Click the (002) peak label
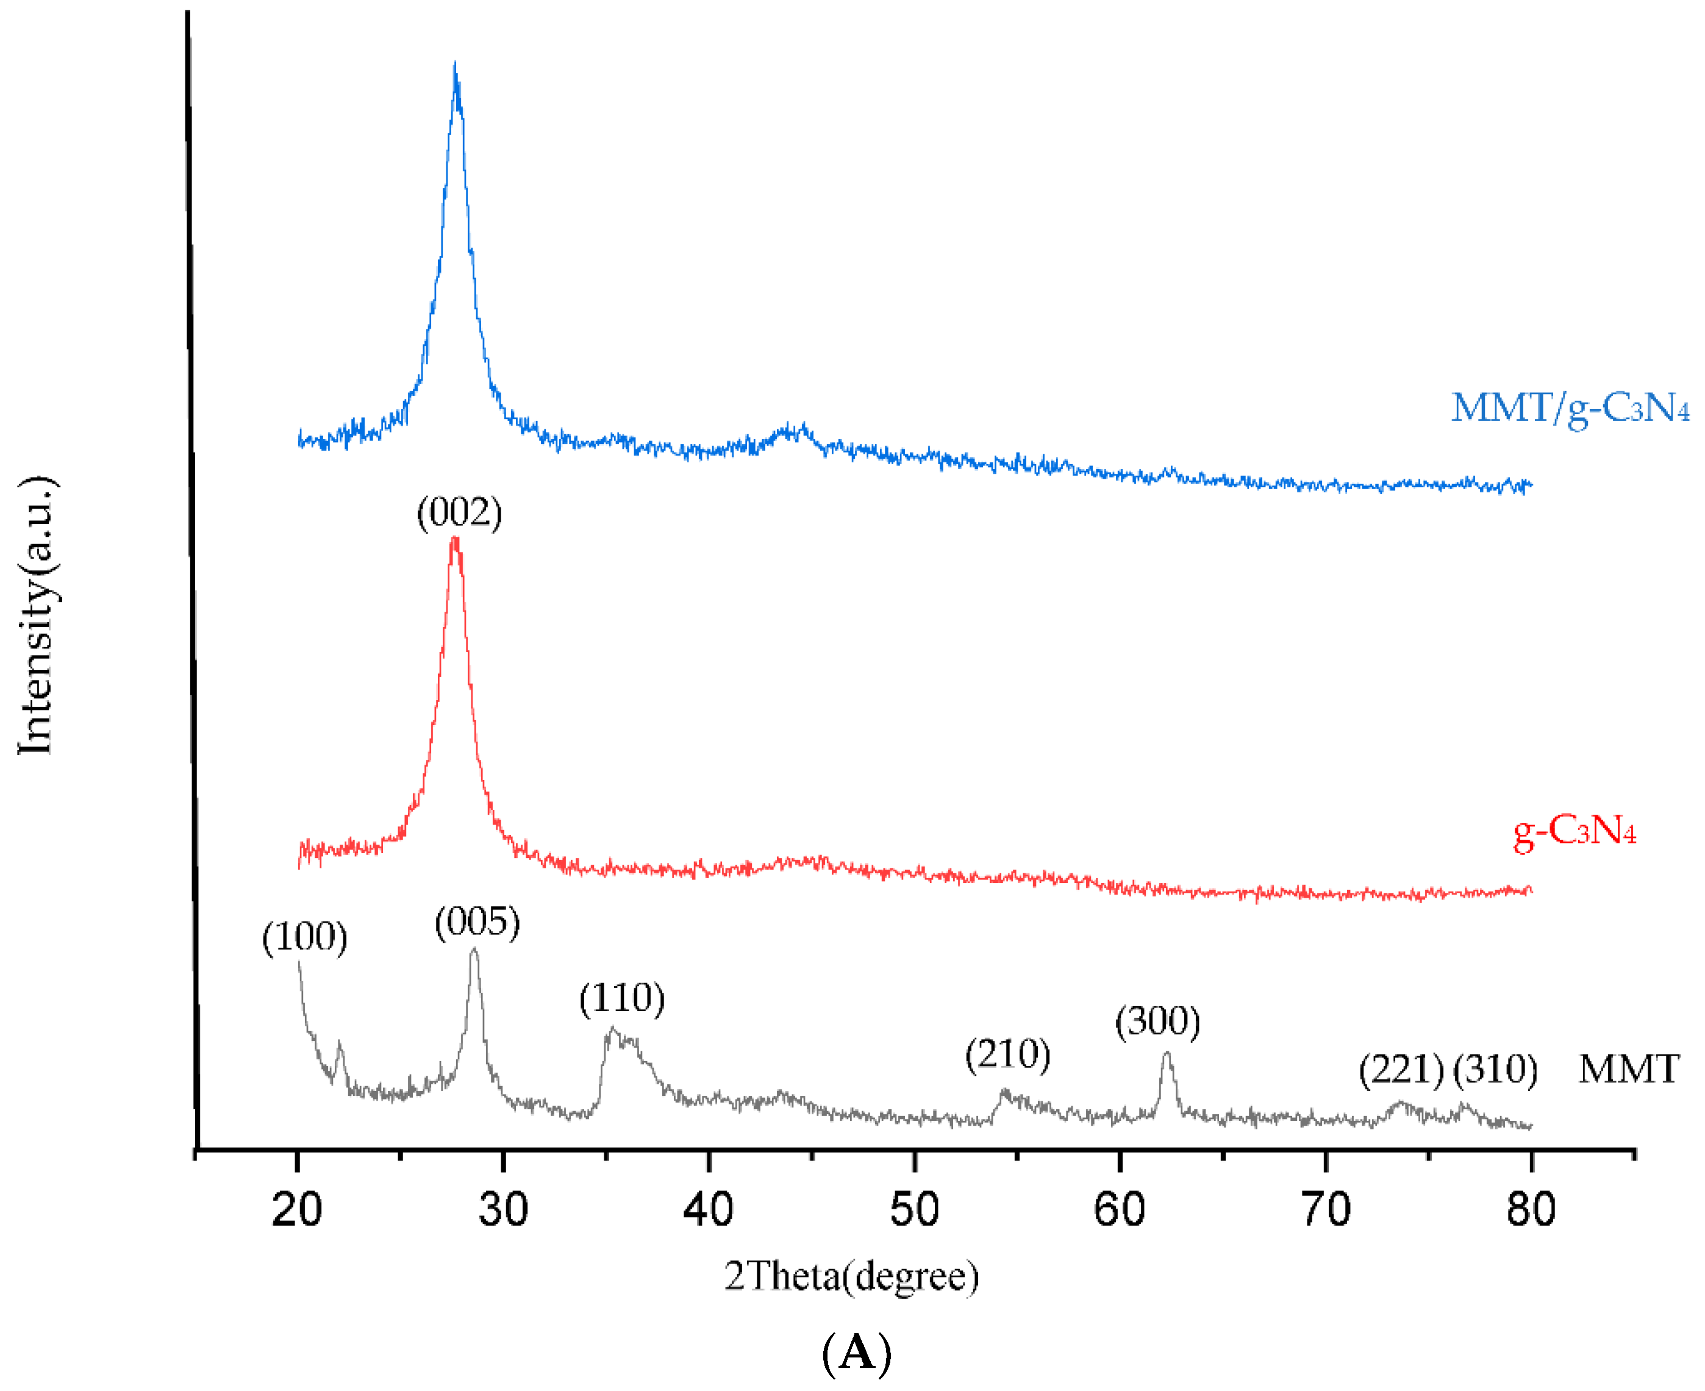pos(459,513)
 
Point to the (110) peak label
pos(622,999)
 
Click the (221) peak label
pos(1401,1070)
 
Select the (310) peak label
pos(1495,1070)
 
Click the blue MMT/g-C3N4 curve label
pos(1570,409)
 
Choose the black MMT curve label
pos(1628,1070)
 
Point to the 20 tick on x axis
pos(296,1209)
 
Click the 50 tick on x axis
pos(913,1209)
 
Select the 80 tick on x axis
pos(1531,1209)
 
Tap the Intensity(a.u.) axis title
pos(36,615)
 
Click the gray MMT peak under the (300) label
pos(1166,1055)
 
